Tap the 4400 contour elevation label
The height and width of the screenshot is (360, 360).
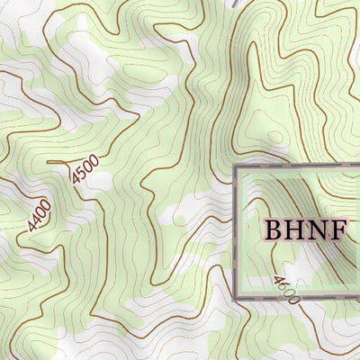(x=39, y=215)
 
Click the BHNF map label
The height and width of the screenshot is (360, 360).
(x=305, y=229)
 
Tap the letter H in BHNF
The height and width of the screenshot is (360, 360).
(x=294, y=229)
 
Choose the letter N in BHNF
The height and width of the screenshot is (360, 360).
(x=316, y=229)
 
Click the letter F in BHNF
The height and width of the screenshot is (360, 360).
(x=337, y=229)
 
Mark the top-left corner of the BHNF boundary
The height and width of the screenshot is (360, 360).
(x=237, y=168)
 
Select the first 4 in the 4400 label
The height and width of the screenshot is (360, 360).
(x=32, y=225)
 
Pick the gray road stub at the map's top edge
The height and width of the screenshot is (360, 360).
(x=235, y=4)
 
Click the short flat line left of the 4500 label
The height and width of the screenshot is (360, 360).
(x=57, y=162)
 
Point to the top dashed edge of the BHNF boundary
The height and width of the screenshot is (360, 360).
(x=297, y=167)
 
